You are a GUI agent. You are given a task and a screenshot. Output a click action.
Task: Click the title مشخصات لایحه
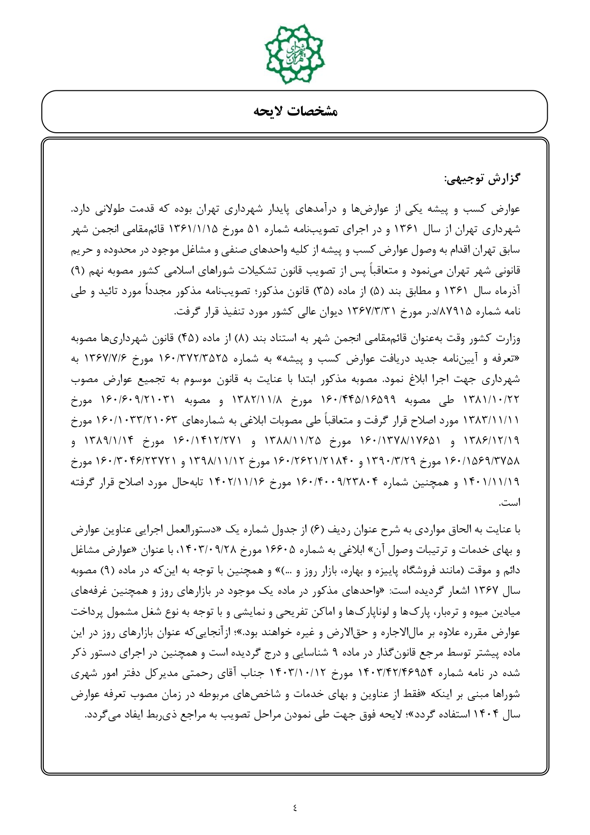[x=295, y=112]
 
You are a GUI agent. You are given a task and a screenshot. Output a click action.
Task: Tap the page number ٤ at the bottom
[x=295, y=807]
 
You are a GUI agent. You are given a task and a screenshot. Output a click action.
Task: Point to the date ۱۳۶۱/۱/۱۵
[x=193, y=230]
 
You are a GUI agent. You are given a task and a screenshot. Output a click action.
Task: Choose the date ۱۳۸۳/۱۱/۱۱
[x=496, y=421]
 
